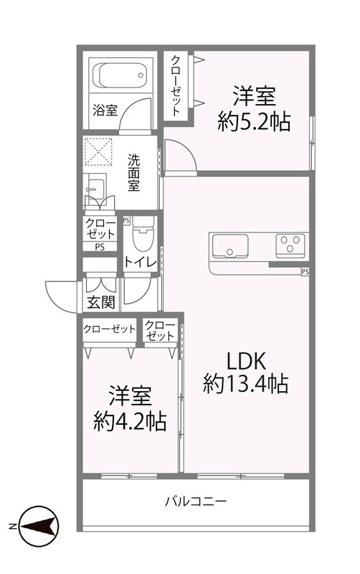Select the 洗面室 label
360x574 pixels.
point(134,173)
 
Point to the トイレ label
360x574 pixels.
point(140,262)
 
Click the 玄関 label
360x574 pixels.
point(101,302)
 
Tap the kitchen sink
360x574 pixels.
point(230,246)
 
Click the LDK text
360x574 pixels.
point(246,358)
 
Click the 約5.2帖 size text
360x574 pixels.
point(254,121)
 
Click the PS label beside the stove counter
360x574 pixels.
point(305,271)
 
